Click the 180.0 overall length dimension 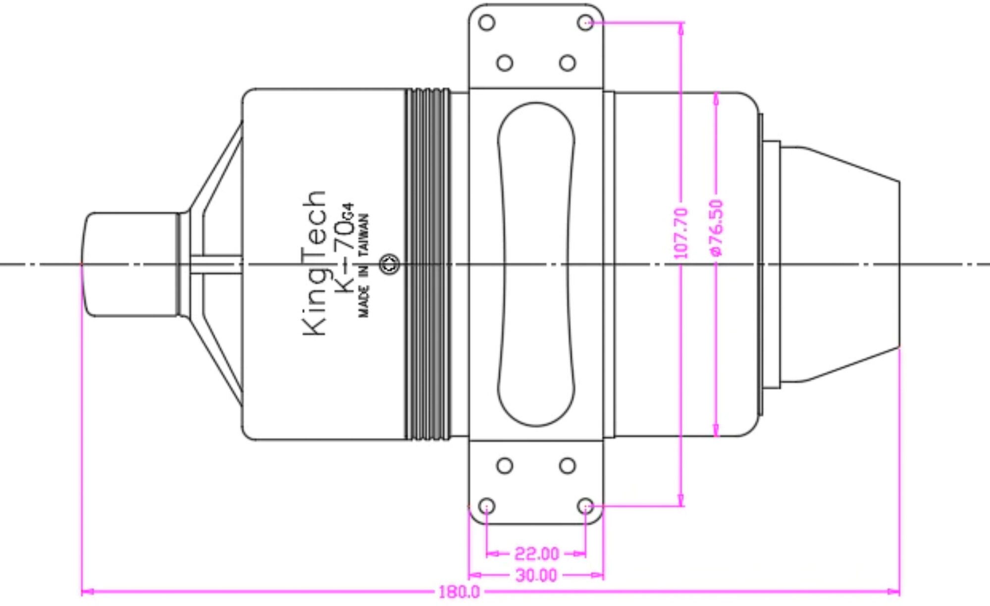click(x=459, y=592)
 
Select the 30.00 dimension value click(x=536, y=575)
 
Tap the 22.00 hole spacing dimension click(x=536, y=553)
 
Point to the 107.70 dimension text click(x=681, y=233)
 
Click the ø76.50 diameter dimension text click(x=717, y=227)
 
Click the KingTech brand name click(x=314, y=263)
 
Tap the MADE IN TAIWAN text click(x=364, y=266)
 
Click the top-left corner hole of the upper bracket click(x=487, y=23)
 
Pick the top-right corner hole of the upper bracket click(x=585, y=23)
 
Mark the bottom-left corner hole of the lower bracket click(x=487, y=506)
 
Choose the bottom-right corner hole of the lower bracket click(x=585, y=506)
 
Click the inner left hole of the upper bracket click(x=504, y=63)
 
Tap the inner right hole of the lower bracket click(x=567, y=466)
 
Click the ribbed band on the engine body click(x=428, y=264)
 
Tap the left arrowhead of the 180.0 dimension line click(x=87, y=591)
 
